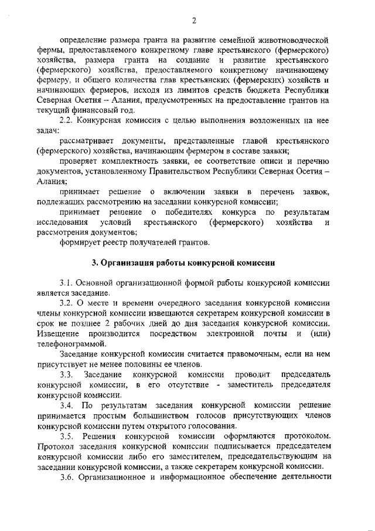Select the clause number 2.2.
(67, 120)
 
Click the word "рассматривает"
(88, 141)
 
